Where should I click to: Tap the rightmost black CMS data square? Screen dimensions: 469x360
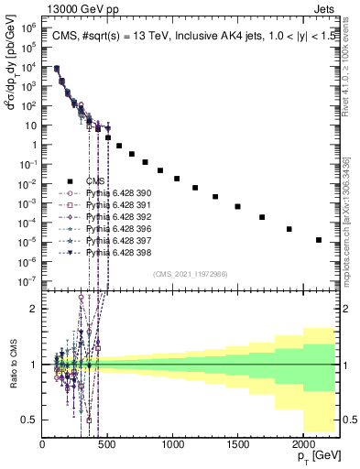[319, 240]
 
